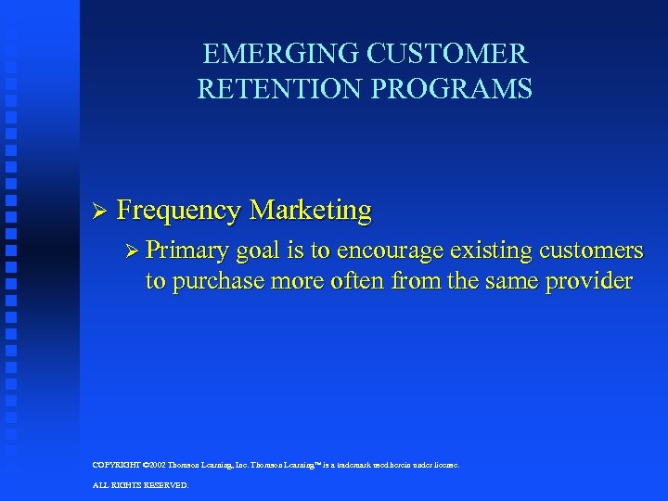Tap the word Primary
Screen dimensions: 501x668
189,251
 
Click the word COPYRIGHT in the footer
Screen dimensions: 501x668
115,465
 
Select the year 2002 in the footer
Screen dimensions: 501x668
153,465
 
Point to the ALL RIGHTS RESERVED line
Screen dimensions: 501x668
140,485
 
